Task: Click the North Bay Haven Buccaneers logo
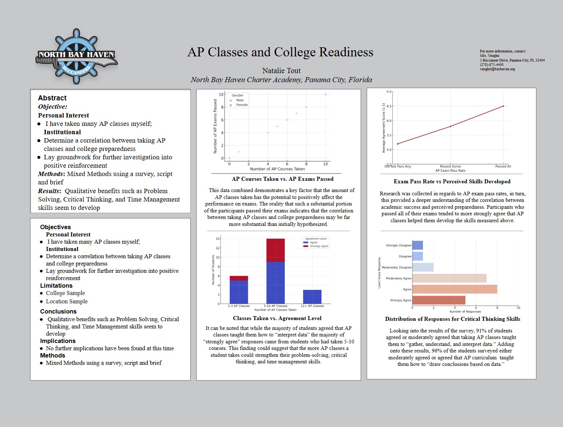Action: [x=76, y=57]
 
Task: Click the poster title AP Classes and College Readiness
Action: [x=280, y=52]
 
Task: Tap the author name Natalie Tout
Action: [x=281, y=71]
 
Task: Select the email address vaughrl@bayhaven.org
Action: [x=497, y=69]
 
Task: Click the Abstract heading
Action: [x=52, y=98]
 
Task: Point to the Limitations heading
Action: [x=56, y=286]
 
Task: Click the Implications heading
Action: [x=58, y=341]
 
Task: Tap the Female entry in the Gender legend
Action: [x=241, y=105]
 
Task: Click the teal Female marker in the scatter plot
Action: [x=297, y=113]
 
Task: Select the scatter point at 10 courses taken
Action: [x=326, y=94]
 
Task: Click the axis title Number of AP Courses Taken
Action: [x=277, y=169]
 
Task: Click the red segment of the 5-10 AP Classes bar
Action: [x=275, y=250]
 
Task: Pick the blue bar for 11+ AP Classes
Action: [x=312, y=297]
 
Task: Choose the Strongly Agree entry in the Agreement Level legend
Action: [x=319, y=246]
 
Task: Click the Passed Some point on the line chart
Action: [x=451, y=126]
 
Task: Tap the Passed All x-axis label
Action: [x=503, y=166]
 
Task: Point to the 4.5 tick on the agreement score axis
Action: [x=389, y=106]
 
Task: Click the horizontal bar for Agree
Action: [x=455, y=289]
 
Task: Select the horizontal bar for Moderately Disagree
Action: [x=423, y=267]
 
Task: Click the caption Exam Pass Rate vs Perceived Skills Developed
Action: [x=452, y=181]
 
